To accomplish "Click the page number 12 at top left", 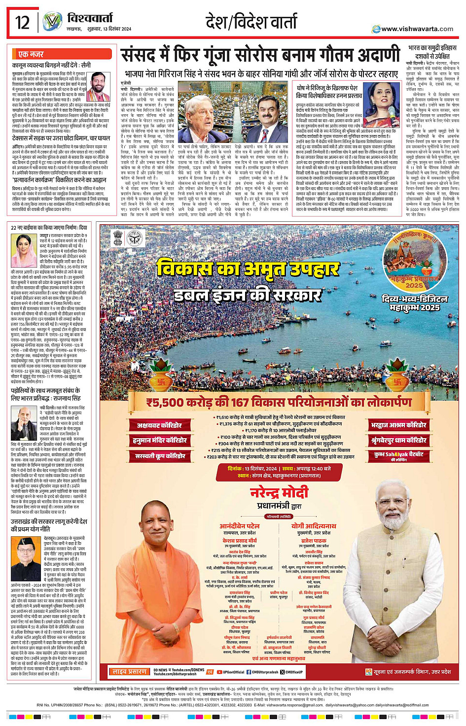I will coord(23,22).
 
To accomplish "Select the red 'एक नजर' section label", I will coord(31,54).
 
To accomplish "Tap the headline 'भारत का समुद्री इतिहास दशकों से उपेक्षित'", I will coord(432,52).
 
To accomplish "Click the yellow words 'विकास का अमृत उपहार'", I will coord(248,269).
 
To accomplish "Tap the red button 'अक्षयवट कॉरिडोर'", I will coord(159,425).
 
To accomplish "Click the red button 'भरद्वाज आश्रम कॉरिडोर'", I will coord(399,425).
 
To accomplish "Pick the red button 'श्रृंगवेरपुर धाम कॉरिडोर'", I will coord(399,440).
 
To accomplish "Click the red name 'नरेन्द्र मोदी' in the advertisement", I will coord(279,492).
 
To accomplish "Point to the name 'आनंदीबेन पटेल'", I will coord(239,526).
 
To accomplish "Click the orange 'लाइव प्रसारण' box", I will coord(129,671).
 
